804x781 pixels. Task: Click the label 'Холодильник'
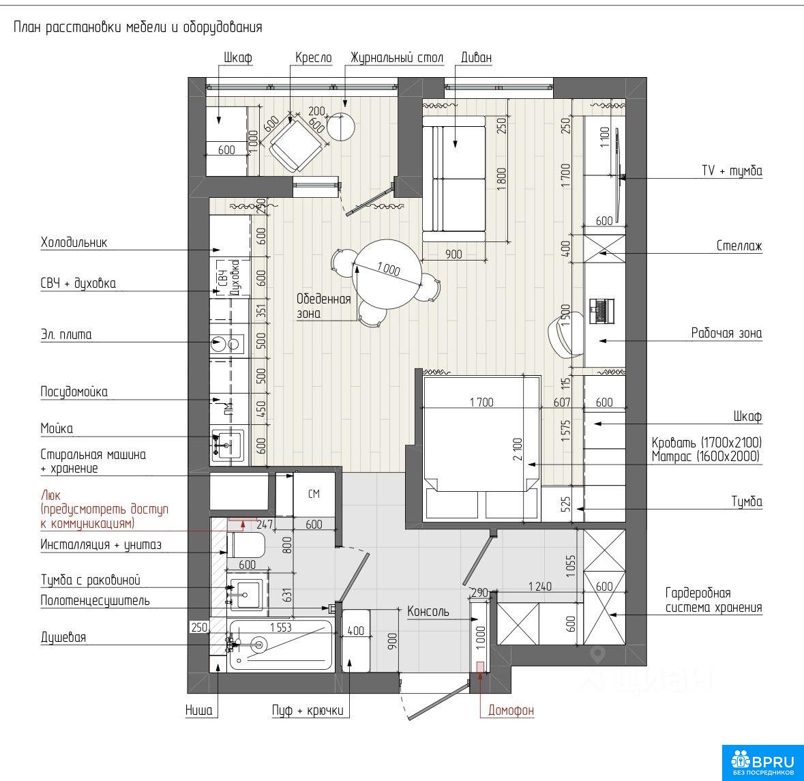pyautogui.click(x=74, y=243)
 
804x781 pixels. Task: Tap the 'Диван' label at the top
pyautogui.click(x=476, y=57)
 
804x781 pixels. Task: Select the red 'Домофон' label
pyautogui.click(x=511, y=710)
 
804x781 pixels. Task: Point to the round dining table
pyautogui.click(x=387, y=274)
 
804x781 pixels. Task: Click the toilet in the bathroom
pyautogui.click(x=245, y=544)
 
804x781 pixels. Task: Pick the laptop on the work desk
pyautogui.click(x=601, y=311)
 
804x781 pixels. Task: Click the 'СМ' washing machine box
pyautogui.click(x=314, y=494)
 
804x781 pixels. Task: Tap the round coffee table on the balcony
pyautogui.click(x=341, y=126)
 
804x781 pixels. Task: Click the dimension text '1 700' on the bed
pyautogui.click(x=481, y=402)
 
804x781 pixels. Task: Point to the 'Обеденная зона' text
pyautogui.click(x=323, y=306)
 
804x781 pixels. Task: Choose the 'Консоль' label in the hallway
pyautogui.click(x=428, y=611)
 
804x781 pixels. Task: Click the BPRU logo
pyautogui.click(x=762, y=763)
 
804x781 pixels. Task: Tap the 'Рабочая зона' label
pyautogui.click(x=726, y=334)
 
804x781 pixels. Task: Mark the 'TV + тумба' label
pyautogui.click(x=732, y=171)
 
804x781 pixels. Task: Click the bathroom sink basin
pyautogui.click(x=247, y=595)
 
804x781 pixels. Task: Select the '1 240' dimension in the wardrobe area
pyautogui.click(x=540, y=586)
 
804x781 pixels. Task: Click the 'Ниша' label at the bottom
pyautogui.click(x=198, y=710)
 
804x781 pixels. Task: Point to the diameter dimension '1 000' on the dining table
pyautogui.click(x=388, y=269)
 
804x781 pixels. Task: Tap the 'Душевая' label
pyautogui.click(x=63, y=637)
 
